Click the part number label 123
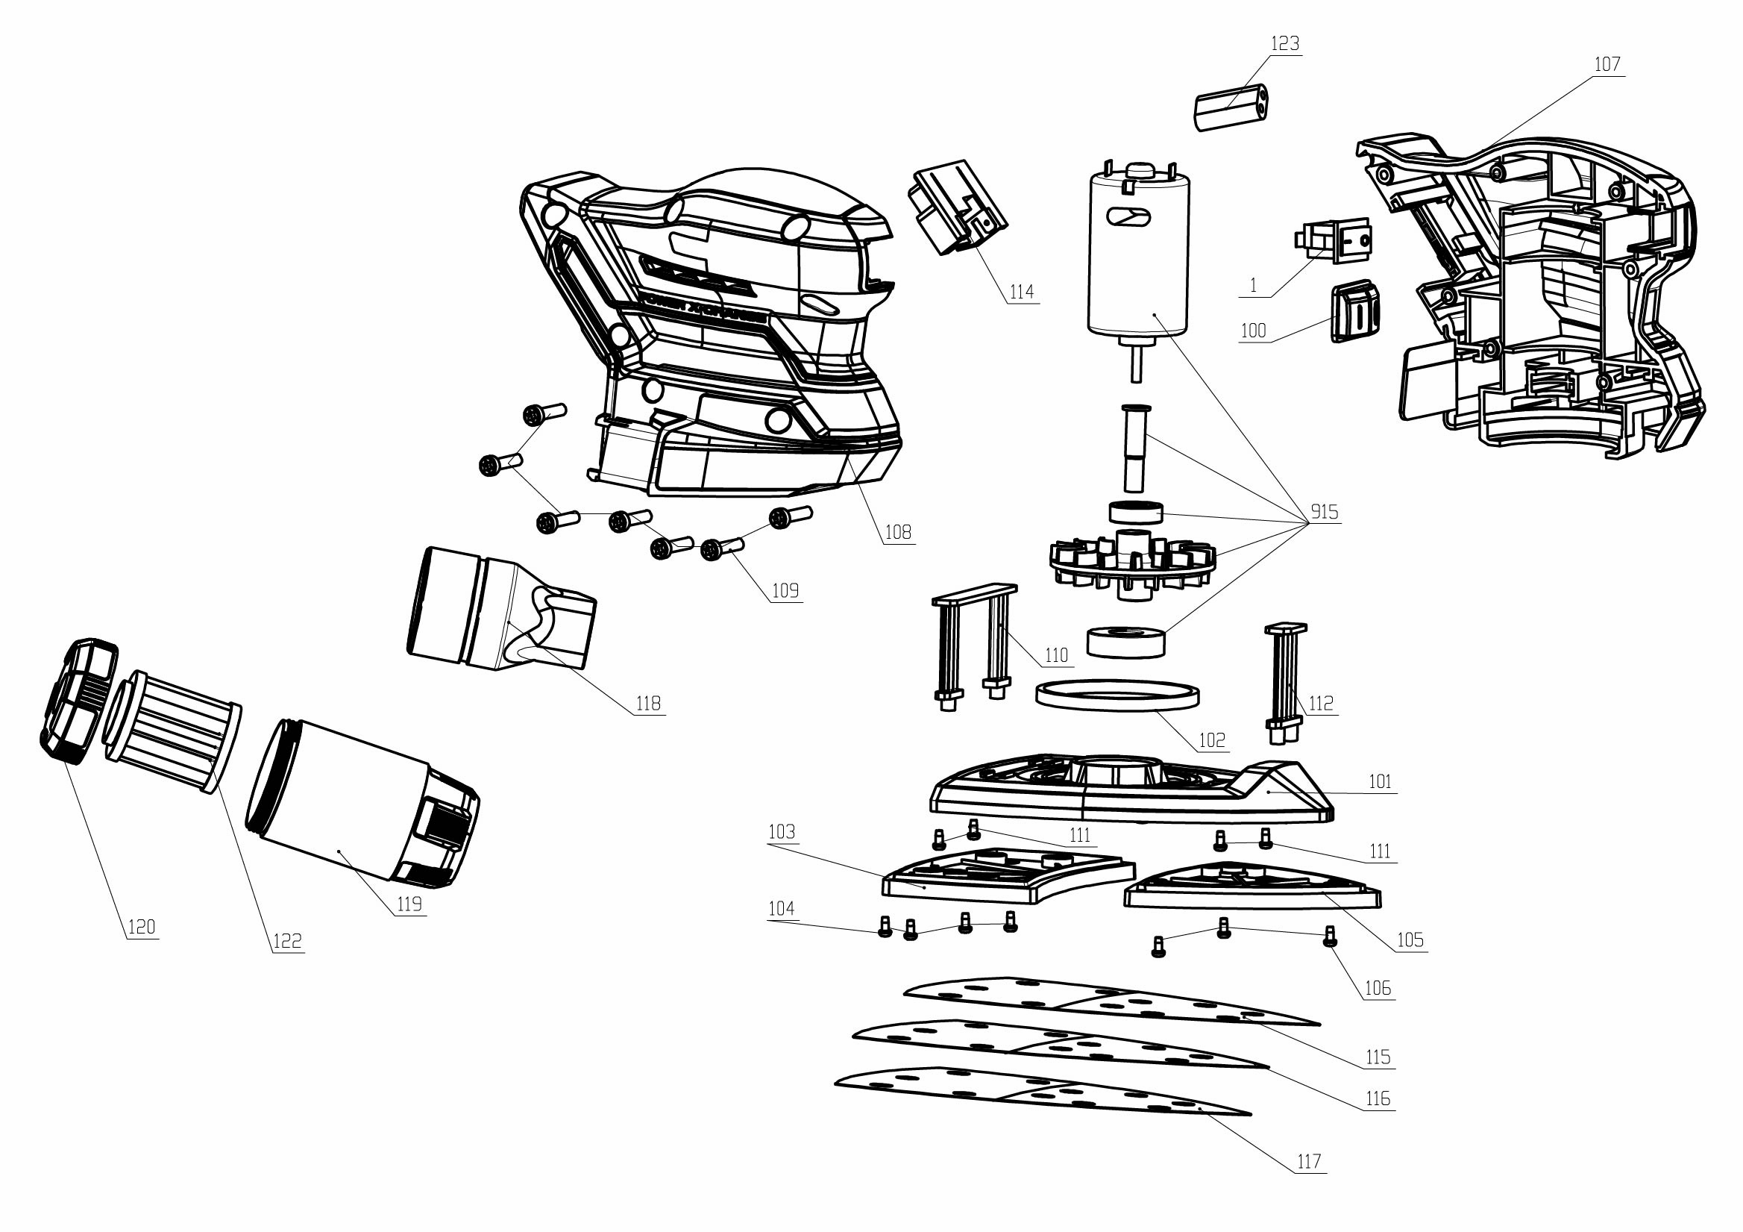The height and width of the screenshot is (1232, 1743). [1284, 44]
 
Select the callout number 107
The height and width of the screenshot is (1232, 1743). [1607, 65]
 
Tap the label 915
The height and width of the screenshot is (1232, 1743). [1324, 512]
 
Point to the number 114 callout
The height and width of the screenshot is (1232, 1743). [1021, 292]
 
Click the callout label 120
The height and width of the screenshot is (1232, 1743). [141, 927]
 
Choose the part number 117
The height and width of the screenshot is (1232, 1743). [1309, 1161]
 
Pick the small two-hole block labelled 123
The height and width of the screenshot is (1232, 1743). [1233, 108]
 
